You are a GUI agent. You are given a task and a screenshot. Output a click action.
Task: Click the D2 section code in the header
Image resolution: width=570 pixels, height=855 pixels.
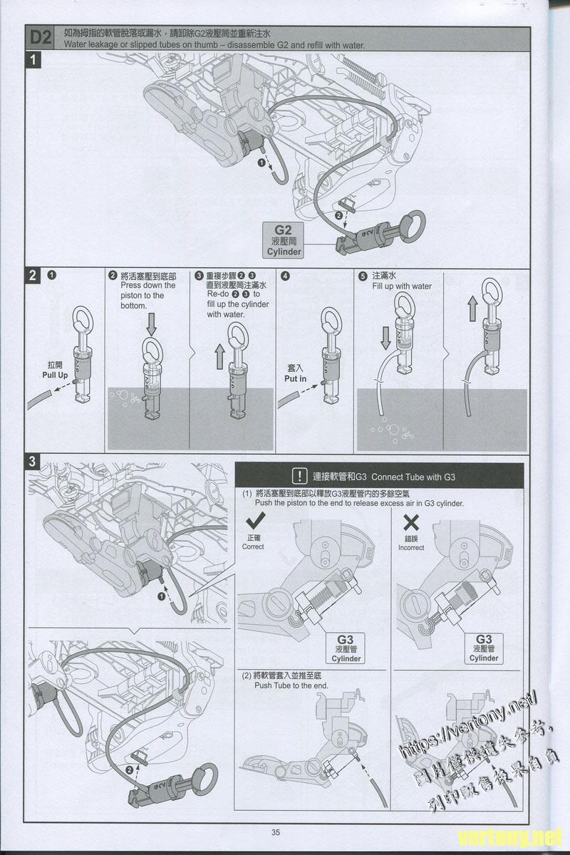coord(41,38)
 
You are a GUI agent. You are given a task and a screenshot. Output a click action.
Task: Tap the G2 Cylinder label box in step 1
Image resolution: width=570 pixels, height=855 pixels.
coord(284,241)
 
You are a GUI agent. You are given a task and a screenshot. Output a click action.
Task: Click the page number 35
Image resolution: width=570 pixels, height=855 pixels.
coord(275,832)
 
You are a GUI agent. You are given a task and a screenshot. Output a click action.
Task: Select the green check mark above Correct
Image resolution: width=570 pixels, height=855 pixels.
coord(256,521)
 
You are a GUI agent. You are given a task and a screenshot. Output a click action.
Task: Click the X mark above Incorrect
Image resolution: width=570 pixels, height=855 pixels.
coord(411,522)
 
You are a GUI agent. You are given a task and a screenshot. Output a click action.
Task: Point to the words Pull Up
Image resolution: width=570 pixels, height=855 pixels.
coord(55,375)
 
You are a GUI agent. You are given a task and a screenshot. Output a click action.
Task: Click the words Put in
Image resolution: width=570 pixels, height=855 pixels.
coord(295,378)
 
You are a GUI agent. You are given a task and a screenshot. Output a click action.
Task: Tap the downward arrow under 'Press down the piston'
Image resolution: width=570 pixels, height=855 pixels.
coord(152,324)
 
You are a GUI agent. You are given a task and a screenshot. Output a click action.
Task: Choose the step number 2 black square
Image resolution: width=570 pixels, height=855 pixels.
coord(33,275)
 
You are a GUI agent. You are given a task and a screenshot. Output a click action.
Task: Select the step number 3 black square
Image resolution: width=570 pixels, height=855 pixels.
coord(32,461)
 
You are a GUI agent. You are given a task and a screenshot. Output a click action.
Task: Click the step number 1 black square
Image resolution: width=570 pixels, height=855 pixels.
coord(33,60)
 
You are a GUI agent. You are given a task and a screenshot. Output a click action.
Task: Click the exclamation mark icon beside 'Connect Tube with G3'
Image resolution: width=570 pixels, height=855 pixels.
coord(300,476)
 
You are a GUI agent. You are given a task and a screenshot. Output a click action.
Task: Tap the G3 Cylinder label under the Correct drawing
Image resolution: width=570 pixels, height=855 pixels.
coord(346,648)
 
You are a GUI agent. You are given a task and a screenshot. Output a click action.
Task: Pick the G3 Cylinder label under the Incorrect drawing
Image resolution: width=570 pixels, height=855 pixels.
coord(484,648)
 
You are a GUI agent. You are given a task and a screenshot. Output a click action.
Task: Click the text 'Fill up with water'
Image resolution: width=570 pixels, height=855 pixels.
coord(402,286)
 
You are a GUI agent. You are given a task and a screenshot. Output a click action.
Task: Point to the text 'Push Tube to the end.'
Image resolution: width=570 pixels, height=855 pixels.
coord(291,685)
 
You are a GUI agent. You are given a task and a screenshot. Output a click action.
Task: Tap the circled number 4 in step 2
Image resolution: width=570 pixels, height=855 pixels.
coord(285,276)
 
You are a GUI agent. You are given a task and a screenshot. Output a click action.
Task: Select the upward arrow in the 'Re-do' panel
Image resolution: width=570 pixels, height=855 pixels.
coord(219,356)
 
